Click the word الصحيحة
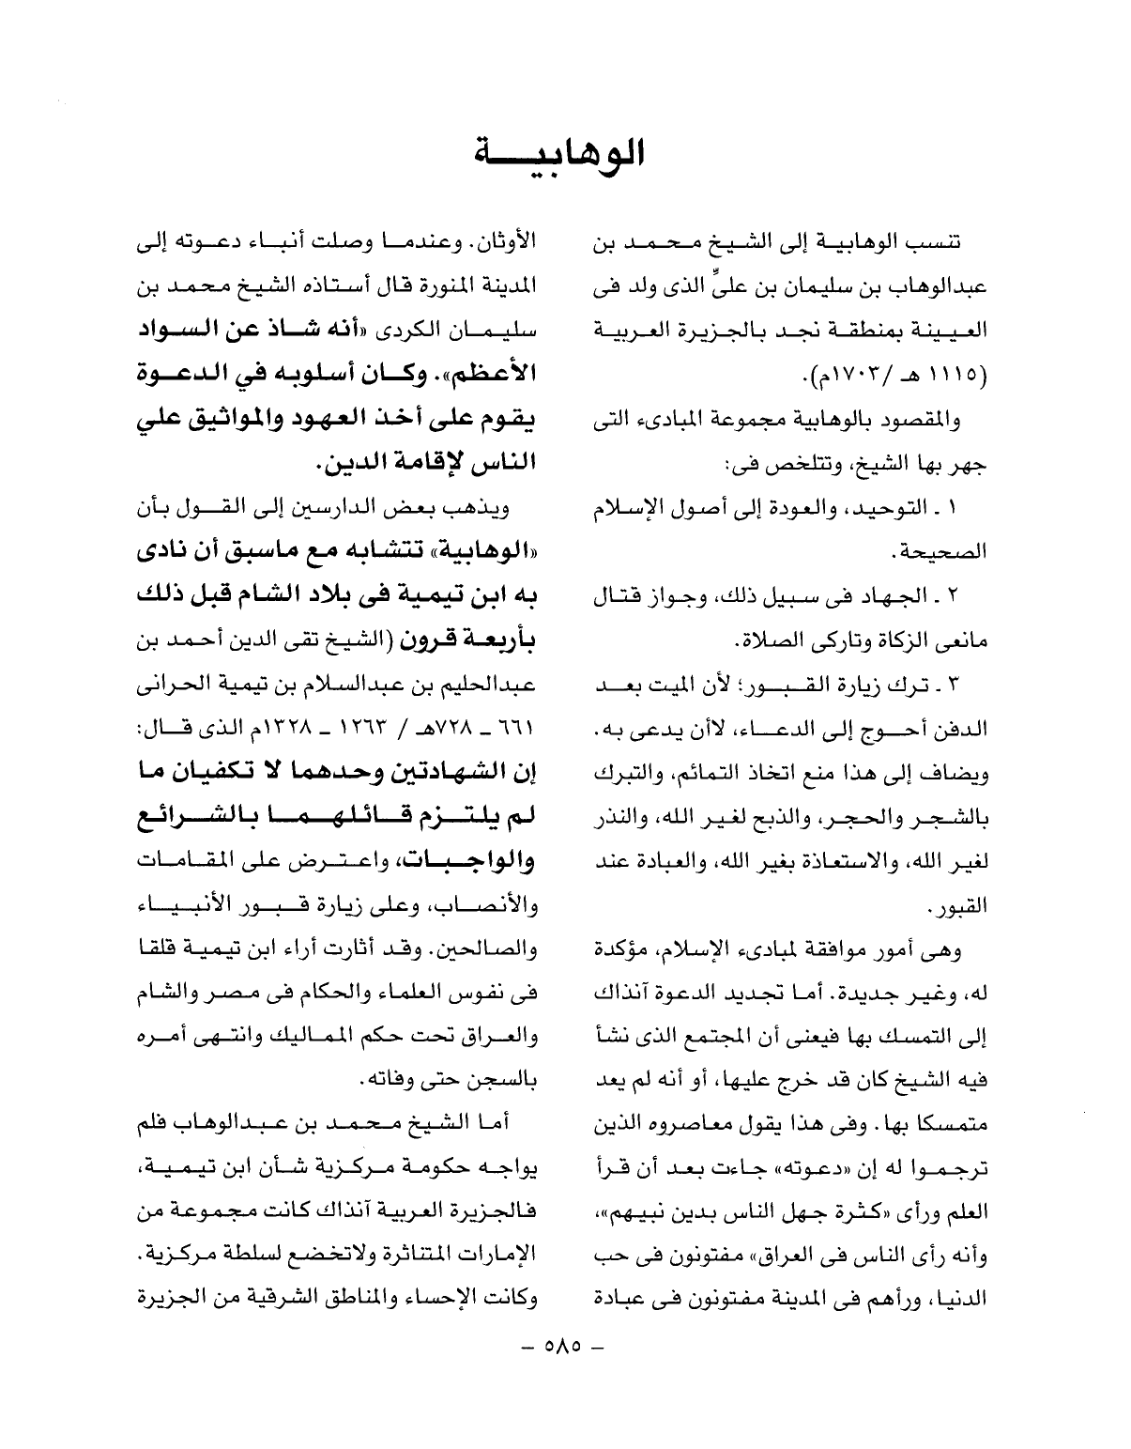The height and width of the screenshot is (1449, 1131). [x=947, y=553]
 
